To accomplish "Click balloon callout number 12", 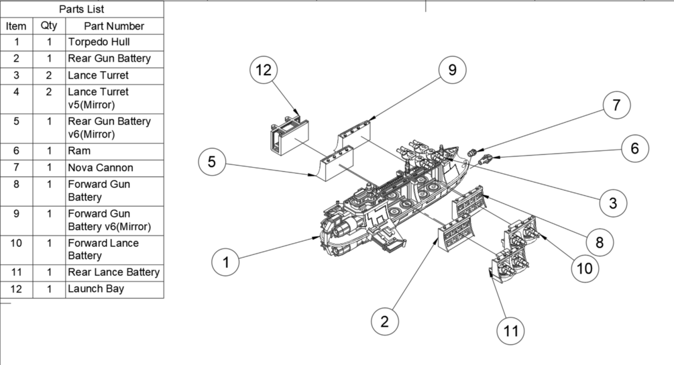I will (263, 70).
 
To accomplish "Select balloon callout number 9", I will (453, 70).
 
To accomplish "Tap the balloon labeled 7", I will (616, 105).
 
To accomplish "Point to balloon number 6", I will (634, 148).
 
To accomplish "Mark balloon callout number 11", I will (510, 330).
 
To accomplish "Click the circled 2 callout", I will (384, 321).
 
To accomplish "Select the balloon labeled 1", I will (226, 262).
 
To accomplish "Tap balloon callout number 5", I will (212, 162).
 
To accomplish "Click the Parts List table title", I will (81, 9).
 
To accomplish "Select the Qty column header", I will (49, 26).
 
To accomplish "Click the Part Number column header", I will (114, 26).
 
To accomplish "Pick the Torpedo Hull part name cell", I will (114, 42).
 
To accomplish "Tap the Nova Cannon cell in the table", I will (114, 168).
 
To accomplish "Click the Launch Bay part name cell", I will (114, 289).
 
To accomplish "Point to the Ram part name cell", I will (114, 151).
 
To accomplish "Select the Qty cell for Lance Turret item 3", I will (49, 75).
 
